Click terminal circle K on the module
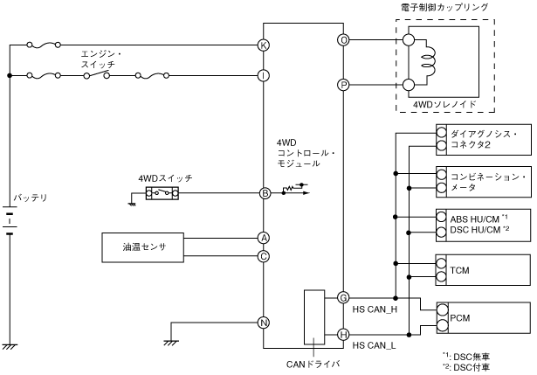263,44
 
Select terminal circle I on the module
263,76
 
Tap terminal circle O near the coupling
342,39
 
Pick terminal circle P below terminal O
342,85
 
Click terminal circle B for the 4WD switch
263,193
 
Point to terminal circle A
263,238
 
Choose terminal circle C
263,256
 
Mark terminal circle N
263,321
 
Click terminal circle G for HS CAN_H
342,298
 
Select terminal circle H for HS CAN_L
342,334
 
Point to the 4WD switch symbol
164,193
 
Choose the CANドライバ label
312,363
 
